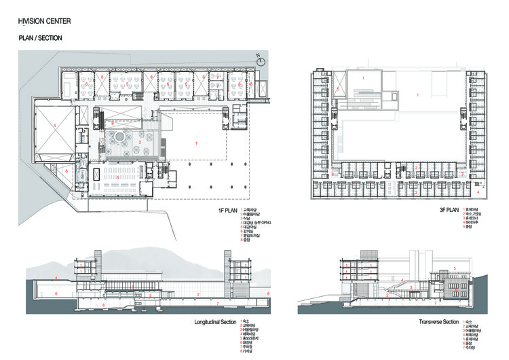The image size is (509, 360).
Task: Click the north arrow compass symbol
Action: click(259, 59)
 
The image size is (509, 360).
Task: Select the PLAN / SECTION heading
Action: click(40, 39)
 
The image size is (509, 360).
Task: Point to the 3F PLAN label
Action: click(448, 211)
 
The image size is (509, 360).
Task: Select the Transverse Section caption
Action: click(435, 320)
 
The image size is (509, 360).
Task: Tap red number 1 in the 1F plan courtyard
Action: click(195, 143)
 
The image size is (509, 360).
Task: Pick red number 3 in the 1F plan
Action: click(118, 177)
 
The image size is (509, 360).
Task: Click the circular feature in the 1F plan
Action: click(121, 138)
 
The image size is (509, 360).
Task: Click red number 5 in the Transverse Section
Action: click(454, 268)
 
